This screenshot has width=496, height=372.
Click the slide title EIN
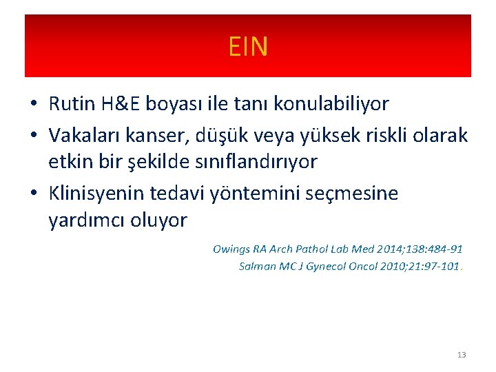[x=248, y=47]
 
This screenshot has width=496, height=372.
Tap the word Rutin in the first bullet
[x=73, y=104]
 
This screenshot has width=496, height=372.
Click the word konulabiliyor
[x=331, y=104]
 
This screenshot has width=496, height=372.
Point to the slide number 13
[x=461, y=355]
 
